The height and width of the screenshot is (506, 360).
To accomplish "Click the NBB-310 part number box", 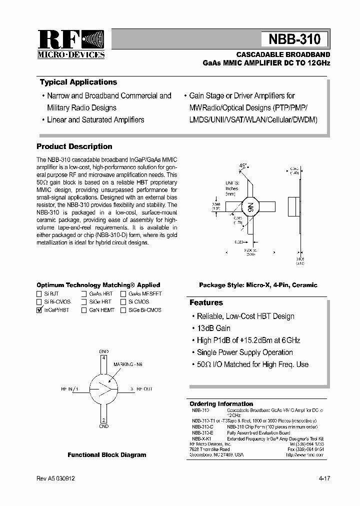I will (x=294, y=39).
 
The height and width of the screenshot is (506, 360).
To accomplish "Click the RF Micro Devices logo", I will (x=71, y=44).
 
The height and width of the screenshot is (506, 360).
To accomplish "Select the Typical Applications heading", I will (x=78, y=82).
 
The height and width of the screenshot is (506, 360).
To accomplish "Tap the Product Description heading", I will (x=74, y=146).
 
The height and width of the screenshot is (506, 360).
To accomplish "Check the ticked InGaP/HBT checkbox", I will (x=39, y=310).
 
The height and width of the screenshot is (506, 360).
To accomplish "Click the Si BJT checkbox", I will (x=39, y=294).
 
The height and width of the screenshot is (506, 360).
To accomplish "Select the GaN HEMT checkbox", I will (x=84, y=310).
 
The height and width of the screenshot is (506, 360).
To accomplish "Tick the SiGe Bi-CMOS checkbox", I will (x=123, y=310).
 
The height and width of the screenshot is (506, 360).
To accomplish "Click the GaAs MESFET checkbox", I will (x=123, y=294).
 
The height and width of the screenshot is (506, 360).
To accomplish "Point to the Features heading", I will (x=206, y=302).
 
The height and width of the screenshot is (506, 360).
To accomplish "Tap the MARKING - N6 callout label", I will (x=128, y=364).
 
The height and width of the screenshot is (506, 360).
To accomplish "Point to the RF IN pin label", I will (x=70, y=388).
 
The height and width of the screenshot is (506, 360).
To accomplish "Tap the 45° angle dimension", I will (x=243, y=165).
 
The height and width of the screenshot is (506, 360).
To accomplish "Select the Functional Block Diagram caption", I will (x=107, y=455).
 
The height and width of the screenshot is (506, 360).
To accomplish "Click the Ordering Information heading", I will (x=221, y=404).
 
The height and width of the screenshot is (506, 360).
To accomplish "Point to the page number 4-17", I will (x=323, y=478).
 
